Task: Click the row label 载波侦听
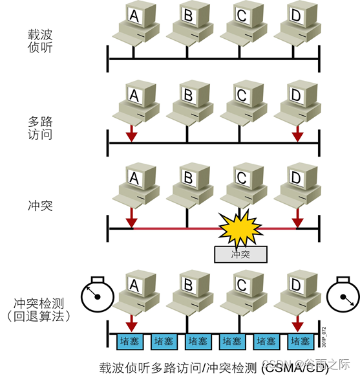tap(41, 39)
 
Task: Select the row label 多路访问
tap(41, 129)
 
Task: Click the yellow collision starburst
tap(240, 227)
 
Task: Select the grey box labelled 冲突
tap(240, 254)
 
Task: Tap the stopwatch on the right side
tap(342, 296)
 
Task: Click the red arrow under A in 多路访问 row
tap(132, 133)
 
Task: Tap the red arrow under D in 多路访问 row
tap(296, 133)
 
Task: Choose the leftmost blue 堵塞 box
tap(126, 341)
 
